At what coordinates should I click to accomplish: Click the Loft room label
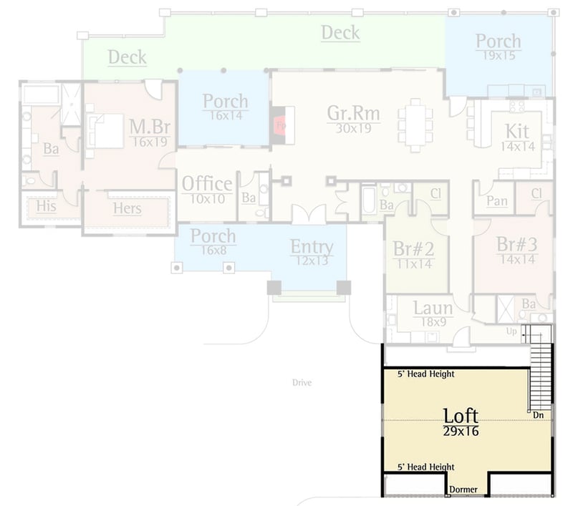(461, 415)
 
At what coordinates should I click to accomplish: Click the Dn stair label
(538, 414)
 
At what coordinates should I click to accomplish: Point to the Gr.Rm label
(353, 114)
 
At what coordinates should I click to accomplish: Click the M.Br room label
(150, 127)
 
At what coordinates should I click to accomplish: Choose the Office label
(207, 184)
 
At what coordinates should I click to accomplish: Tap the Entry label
(312, 247)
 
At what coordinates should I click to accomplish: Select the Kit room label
(518, 132)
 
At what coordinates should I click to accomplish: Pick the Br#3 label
(516, 244)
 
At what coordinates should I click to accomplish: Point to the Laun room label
(433, 308)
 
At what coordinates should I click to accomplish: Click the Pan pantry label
(496, 202)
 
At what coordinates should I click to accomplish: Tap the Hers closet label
(127, 209)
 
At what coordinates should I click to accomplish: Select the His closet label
(46, 206)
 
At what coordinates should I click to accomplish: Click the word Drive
(302, 383)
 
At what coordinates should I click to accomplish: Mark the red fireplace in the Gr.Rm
(280, 125)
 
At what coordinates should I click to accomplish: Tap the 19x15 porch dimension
(499, 54)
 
